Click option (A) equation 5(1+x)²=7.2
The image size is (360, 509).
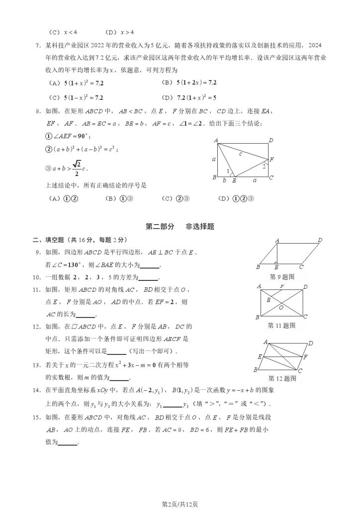pos(83,83)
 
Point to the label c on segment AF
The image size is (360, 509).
pos(241,154)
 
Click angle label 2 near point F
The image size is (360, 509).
pos(264,166)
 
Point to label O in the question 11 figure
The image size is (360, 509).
pos(281,308)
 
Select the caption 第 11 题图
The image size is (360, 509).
pos(281,326)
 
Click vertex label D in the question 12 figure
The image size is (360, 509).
pos(311,343)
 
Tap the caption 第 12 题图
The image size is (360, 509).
pos(281,379)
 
